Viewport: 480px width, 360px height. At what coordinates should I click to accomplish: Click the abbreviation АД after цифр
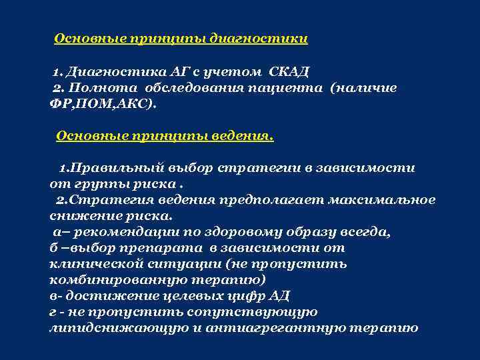coord(279,296)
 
